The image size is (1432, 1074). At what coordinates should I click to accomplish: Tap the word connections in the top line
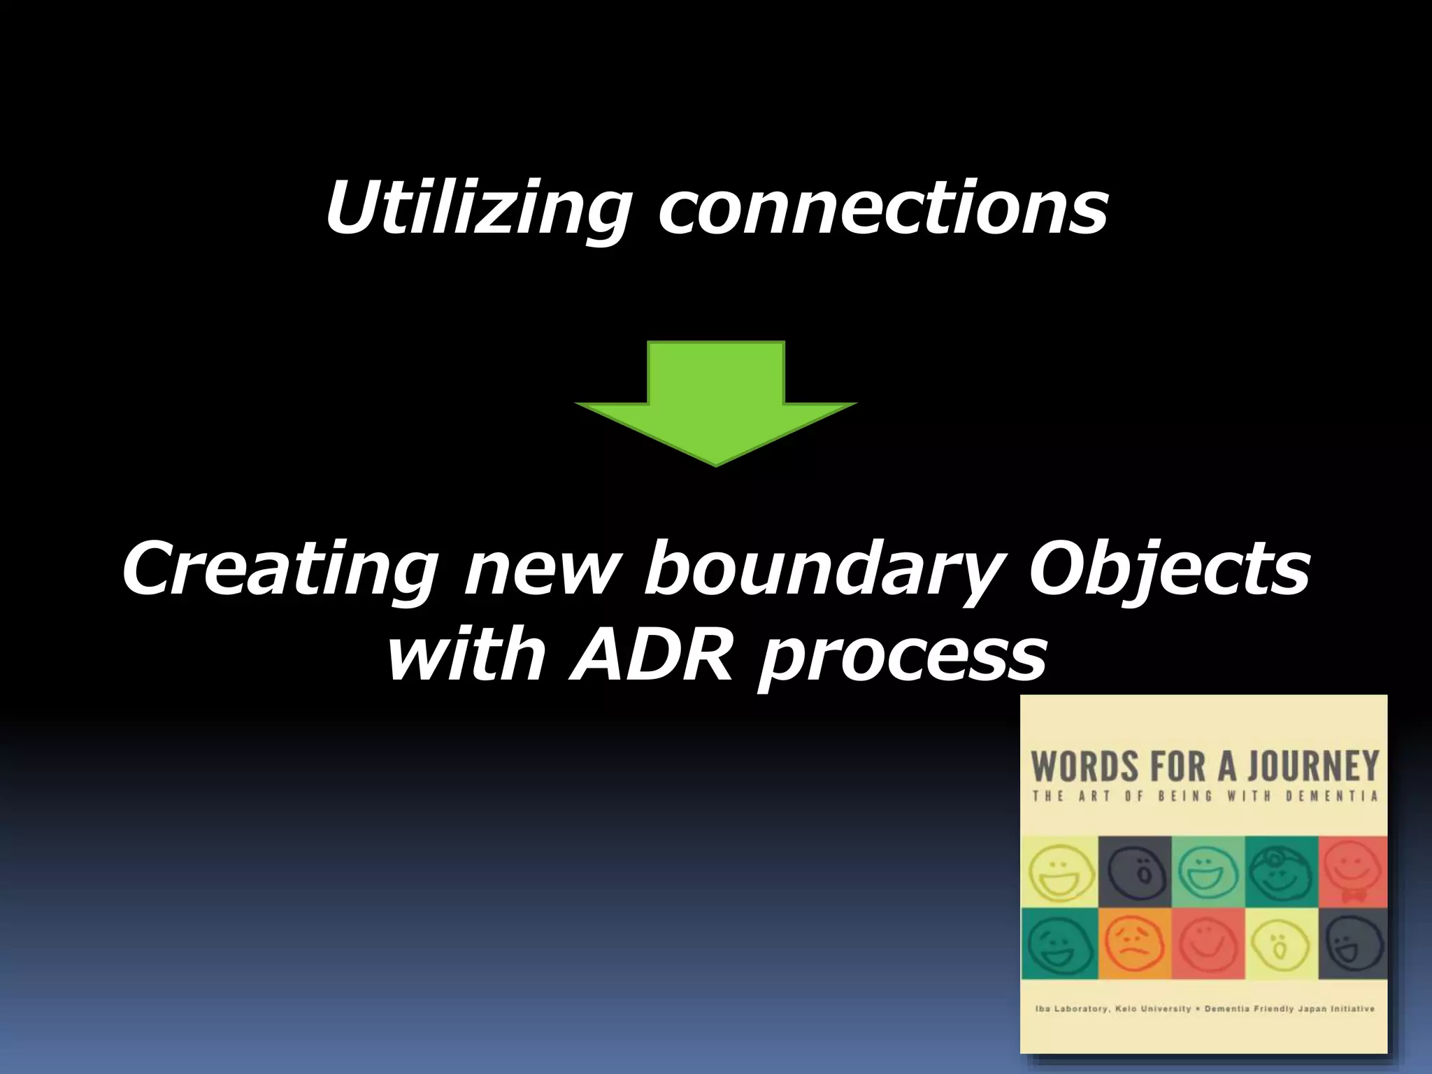point(882,208)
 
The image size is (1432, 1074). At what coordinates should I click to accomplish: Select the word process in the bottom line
point(902,657)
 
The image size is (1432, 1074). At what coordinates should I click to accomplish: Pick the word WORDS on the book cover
point(1077,766)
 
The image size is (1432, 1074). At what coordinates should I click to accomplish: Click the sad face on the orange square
point(1134,943)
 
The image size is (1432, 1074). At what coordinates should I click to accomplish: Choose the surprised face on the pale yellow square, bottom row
point(1281,943)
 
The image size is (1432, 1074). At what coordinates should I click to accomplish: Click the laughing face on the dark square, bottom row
point(1352,943)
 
